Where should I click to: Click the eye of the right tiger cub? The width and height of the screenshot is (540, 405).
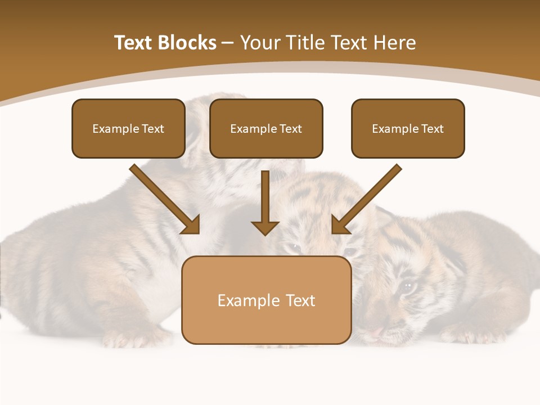[x=407, y=287]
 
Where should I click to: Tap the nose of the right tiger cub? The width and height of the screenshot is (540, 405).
[x=382, y=328]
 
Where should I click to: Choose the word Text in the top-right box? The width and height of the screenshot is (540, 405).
[x=432, y=129]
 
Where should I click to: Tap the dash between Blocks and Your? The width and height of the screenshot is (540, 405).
[x=228, y=43]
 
